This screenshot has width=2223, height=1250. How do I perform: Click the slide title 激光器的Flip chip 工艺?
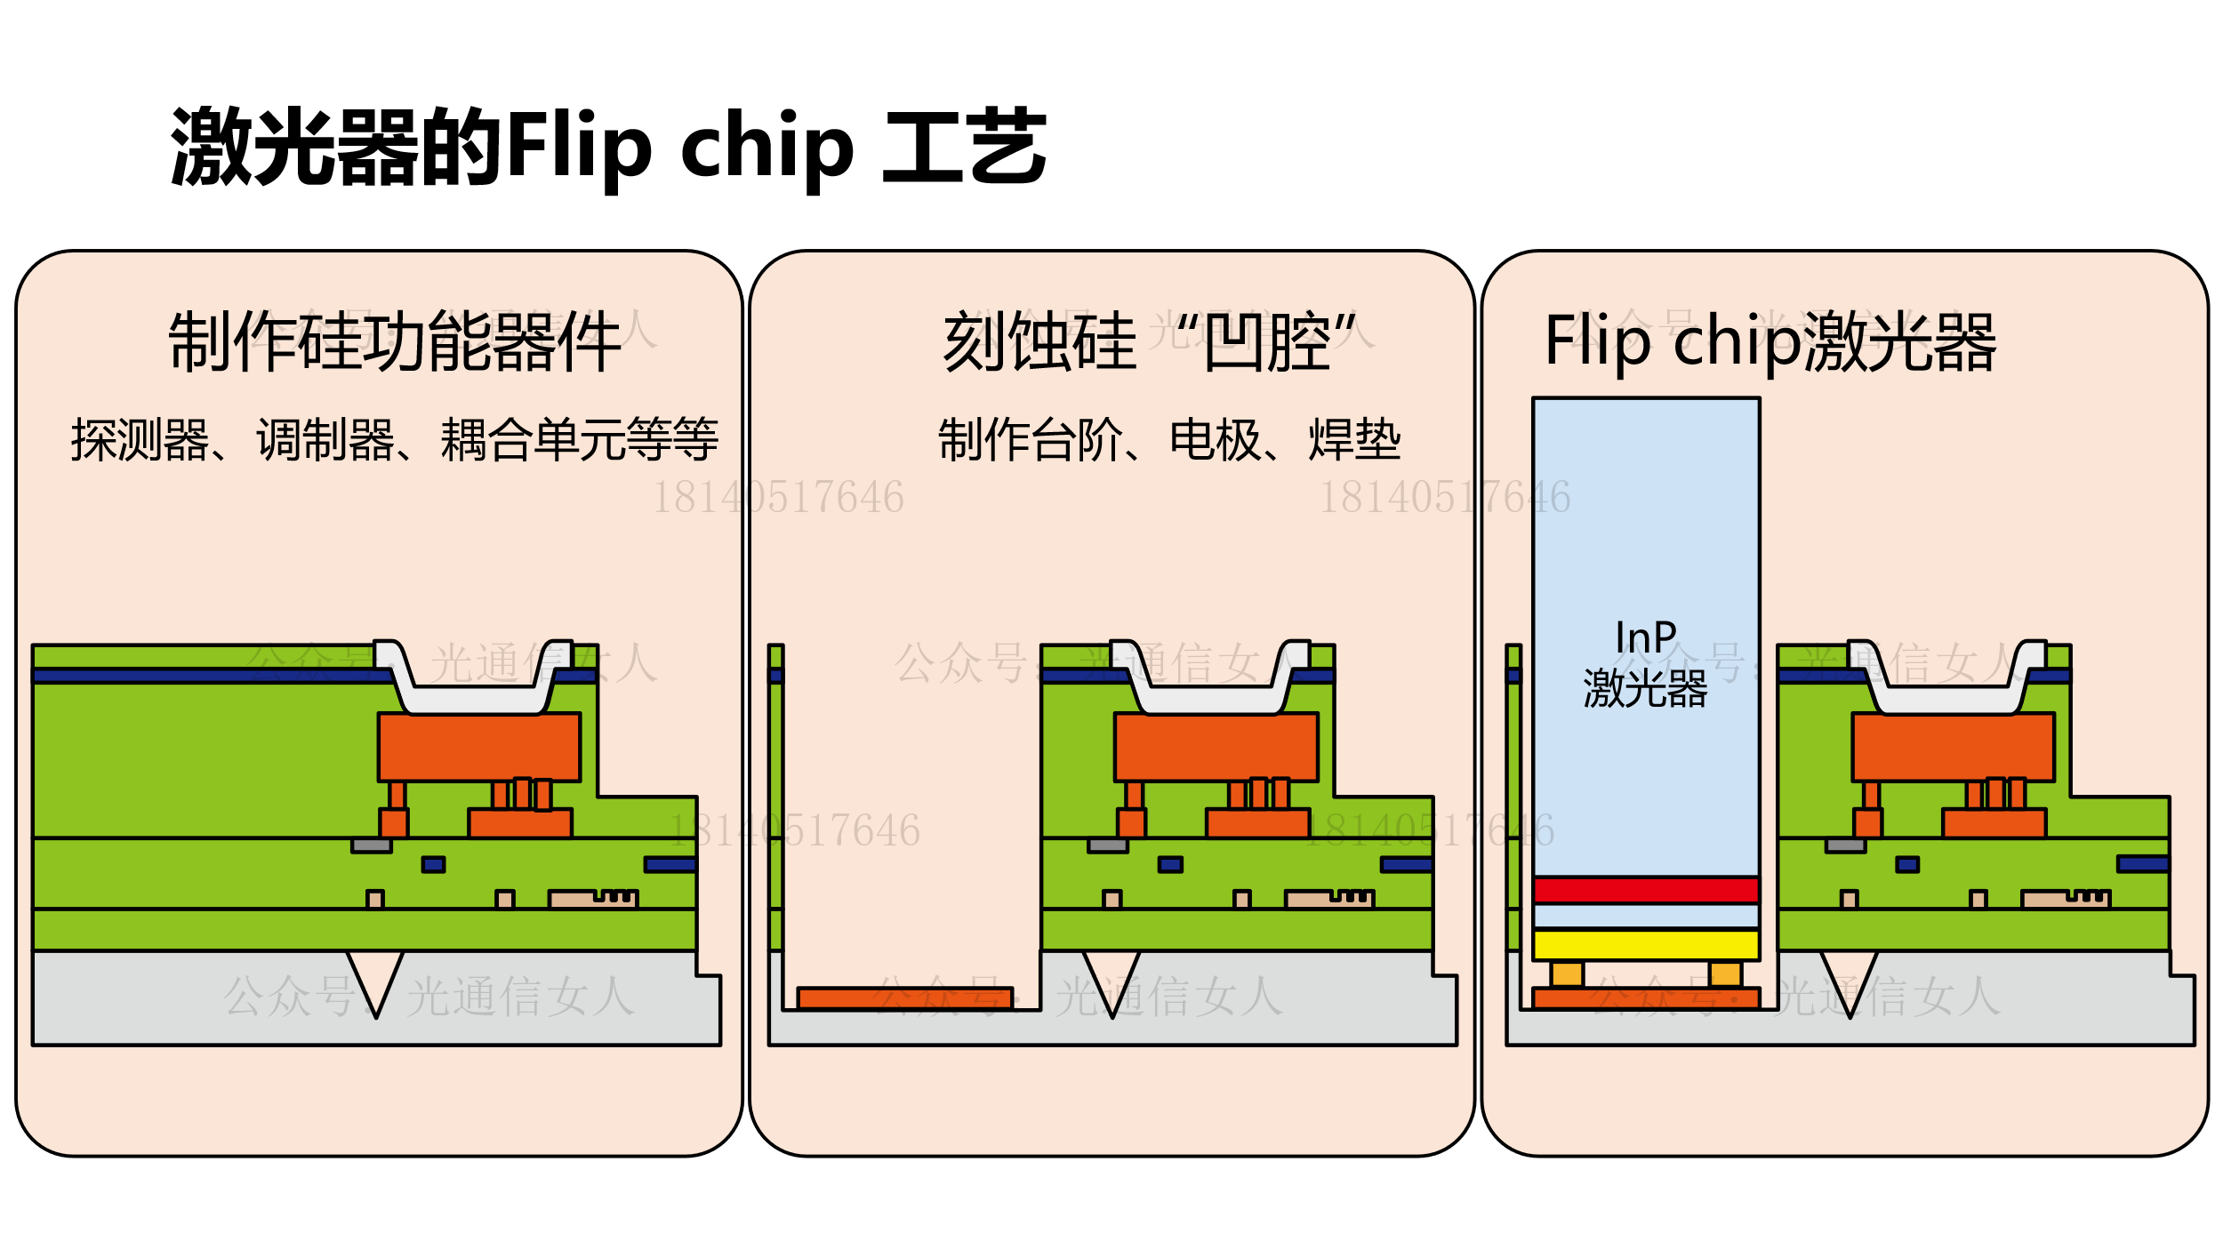point(608,147)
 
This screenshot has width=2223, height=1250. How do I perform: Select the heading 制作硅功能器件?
point(394,342)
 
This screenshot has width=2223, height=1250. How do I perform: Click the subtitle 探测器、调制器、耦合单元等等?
point(394,440)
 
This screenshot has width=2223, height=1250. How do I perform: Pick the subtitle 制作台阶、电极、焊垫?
point(1169,440)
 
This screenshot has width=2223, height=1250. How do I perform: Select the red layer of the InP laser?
point(1646,890)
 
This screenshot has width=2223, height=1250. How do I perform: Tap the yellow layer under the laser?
point(1646,944)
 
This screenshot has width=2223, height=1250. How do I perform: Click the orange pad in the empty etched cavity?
point(905,998)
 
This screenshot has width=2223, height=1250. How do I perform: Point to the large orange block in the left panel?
point(479,747)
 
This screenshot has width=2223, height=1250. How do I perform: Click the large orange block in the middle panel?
point(1216,747)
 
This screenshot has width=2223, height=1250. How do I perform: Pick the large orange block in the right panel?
point(1954,747)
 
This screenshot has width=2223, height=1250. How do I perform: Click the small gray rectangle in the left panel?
point(372,845)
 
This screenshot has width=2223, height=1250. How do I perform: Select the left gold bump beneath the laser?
point(1567,974)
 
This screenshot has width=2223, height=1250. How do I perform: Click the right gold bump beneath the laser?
point(1725,974)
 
